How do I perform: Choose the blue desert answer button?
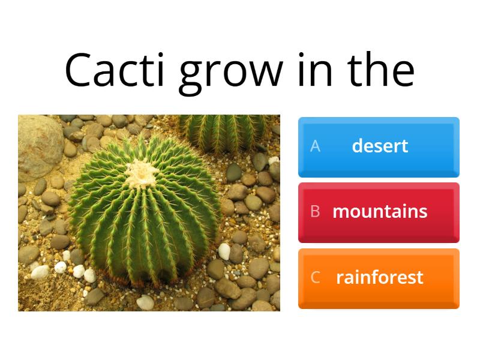379,146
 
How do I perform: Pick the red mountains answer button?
379,212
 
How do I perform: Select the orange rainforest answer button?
379,278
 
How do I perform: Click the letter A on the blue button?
315,146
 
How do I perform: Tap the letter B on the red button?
315,212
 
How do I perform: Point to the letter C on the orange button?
315,278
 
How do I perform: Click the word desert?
380,146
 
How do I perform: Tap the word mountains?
380,212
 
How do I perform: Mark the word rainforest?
380,278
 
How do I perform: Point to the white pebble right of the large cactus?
224,251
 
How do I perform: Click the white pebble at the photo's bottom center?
145,302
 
